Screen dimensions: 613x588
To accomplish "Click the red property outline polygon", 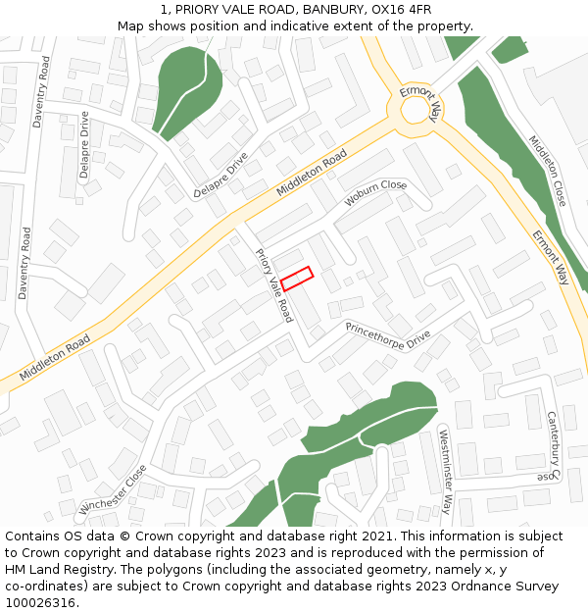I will (x=296, y=278).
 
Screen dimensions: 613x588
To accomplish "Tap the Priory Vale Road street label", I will (x=273, y=285).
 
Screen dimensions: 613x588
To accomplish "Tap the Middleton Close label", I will (x=547, y=170).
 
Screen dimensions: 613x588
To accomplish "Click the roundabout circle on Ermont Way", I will (x=415, y=110).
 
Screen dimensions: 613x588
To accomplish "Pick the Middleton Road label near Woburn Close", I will (x=312, y=173).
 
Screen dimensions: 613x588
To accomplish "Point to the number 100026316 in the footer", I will (x=39, y=602).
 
